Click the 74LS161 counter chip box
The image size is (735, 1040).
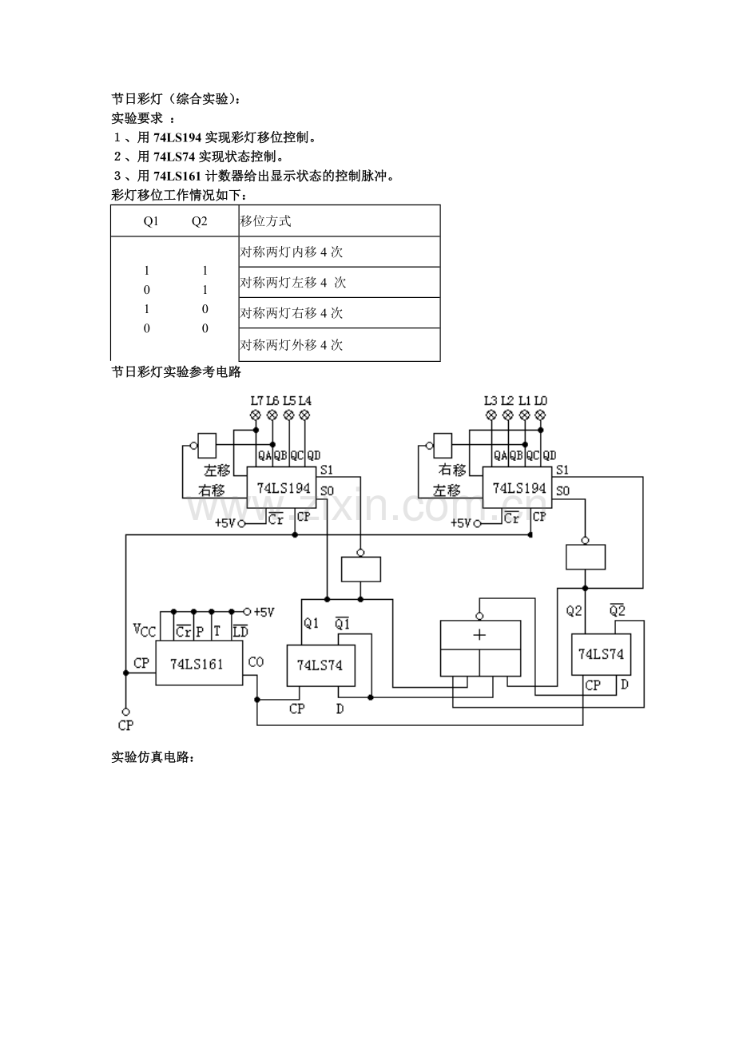pyautogui.click(x=199, y=662)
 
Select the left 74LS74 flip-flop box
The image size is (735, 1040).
pyautogui.click(x=320, y=665)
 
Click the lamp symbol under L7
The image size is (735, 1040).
pyautogui.click(x=256, y=415)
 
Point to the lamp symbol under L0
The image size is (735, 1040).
pyautogui.click(x=540, y=415)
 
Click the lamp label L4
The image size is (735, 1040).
pyautogui.click(x=305, y=400)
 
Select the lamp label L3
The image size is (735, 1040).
pyautogui.click(x=491, y=400)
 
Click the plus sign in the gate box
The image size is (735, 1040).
pyautogui.click(x=479, y=635)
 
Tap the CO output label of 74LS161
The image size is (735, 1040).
pyautogui.click(x=256, y=661)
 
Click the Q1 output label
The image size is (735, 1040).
pyautogui.click(x=311, y=624)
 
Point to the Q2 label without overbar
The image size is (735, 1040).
pyautogui.click(x=574, y=611)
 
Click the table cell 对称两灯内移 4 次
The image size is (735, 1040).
pyautogui.click(x=292, y=252)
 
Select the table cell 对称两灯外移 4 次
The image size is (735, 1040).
pyautogui.click(x=292, y=345)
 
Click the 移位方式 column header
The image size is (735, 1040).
pyautogui.click(x=266, y=221)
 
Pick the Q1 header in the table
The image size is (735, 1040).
pyautogui.click(x=151, y=221)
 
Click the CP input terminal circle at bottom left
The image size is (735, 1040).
pyautogui.click(x=125, y=711)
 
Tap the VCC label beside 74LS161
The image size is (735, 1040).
pyautogui.click(x=144, y=631)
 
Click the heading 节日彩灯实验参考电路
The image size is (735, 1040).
pyautogui.click(x=176, y=372)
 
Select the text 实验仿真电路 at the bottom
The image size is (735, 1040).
pyautogui.click(x=152, y=757)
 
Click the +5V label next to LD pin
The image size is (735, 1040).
pyautogui.click(x=264, y=612)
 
